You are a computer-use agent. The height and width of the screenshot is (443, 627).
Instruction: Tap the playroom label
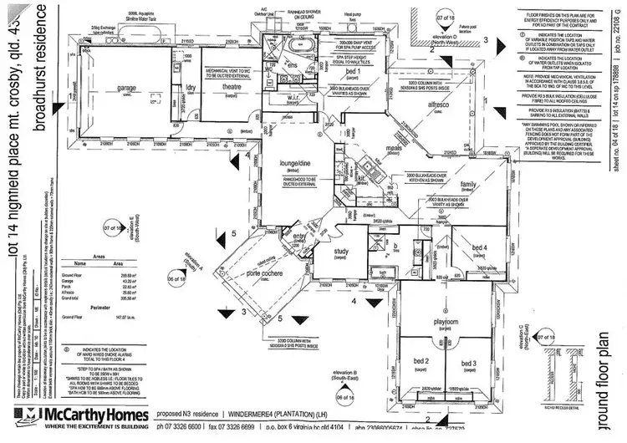(443, 321)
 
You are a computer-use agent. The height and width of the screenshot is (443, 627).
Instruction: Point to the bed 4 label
(479, 247)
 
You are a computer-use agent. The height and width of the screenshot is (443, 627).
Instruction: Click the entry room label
(298, 237)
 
